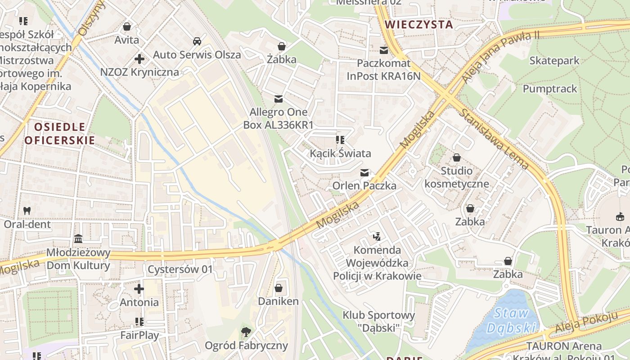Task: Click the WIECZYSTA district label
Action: tap(419, 25)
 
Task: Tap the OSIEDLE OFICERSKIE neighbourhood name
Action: tap(59, 134)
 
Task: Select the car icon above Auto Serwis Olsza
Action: tap(197, 41)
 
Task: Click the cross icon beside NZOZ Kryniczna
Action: tap(139, 59)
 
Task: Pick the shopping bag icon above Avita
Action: tap(127, 27)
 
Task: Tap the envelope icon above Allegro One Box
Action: tap(279, 99)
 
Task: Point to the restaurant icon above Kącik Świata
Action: tap(340, 140)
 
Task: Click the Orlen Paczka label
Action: tap(364, 185)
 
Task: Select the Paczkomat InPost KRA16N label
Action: tap(383, 70)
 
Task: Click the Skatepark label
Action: tap(554, 60)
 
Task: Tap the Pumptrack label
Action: tap(549, 89)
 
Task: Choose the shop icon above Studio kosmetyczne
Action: tap(456, 157)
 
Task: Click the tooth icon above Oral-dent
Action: tap(27, 210)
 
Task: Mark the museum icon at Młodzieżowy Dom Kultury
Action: tap(78, 238)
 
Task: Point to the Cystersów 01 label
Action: tap(180, 270)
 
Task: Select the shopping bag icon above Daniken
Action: tap(279, 288)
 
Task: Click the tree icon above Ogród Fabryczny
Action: tap(246, 332)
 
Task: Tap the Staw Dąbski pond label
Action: tap(512, 320)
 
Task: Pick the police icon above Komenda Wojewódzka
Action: tap(377, 236)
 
